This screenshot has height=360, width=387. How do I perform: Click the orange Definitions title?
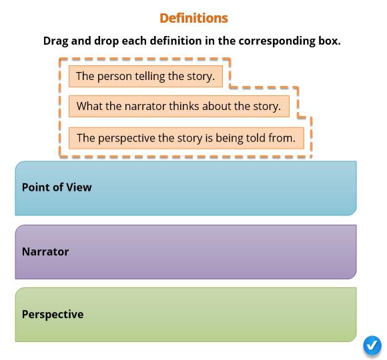pos(193,18)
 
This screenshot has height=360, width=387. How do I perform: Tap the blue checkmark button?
pos(372,345)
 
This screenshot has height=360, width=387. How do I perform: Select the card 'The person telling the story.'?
pos(145,76)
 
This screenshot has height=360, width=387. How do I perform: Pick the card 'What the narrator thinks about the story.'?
pos(179,106)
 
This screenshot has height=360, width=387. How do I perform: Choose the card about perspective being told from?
pos(186,138)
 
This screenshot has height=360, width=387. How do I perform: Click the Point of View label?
pos(57,187)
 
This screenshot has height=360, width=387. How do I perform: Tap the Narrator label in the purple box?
pos(45,251)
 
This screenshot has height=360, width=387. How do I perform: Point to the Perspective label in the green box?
pos(53,315)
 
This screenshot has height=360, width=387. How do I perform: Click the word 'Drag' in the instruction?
pos(55,41)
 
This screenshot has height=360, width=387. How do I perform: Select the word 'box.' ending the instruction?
pos(329,41)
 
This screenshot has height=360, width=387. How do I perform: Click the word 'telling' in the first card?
pos(150,77)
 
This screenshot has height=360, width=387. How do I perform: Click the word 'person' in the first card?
pos(115,77)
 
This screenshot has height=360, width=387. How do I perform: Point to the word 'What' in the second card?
pos(89,106)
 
